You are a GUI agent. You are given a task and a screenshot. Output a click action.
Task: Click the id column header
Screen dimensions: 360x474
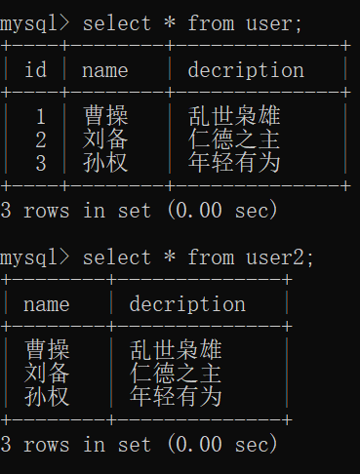pyautogui.click(x=35, y=70)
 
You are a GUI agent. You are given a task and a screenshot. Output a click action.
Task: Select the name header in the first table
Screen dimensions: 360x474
pyautogui.click(x=105, y=70)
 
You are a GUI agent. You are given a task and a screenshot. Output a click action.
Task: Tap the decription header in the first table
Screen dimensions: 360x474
pyautogui.click(x=246, y=70)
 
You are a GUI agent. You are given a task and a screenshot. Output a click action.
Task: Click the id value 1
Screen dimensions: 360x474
pyautogui.click(x=40, y=116)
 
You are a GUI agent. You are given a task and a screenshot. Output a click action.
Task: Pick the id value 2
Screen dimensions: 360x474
pyautogui.click(x=40, y=139)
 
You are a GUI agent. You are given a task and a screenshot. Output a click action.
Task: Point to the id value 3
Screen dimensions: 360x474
pyautogui.click(x=40, y=163)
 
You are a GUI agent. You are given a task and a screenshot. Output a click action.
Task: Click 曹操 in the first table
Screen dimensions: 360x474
pyautogui.click(x=105, y=116)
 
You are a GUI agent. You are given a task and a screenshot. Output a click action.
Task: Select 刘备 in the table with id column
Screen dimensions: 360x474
pyautogui.click(x=105, y=139)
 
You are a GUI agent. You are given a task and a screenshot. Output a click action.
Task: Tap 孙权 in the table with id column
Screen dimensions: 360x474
pyautogui.click(x=105, y=163)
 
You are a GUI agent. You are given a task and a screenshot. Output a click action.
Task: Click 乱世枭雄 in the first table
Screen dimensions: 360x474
pyautogui.click(x=234, y=116)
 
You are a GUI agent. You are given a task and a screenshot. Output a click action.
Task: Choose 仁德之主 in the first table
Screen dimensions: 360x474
pyautogui.click(x=234, y=139)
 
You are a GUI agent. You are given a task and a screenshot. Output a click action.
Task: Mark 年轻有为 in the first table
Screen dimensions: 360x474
pyautogui.click(x=234, y=163)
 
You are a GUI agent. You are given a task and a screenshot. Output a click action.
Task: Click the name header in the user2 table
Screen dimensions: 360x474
pyautogui.click(x=47, y=304)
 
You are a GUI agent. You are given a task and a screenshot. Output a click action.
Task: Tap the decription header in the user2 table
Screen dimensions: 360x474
pyautogui.click(x=187, y=304)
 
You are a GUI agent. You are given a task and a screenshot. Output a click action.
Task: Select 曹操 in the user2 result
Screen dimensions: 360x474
pyautogui.click(x=47, y=350)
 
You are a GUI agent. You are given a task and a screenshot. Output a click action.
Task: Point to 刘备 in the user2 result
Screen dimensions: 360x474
pyautogui.click(x=47, y=374)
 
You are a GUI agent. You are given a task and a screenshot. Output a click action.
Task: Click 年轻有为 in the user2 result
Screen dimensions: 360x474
pyautogui.click(x=176, y=397)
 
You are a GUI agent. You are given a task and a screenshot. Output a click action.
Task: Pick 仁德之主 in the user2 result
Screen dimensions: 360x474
pyautogui.click(x=176, y=374)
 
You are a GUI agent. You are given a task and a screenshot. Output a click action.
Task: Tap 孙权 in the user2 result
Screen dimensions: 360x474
pyautogui.click(x=47, y=397)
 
